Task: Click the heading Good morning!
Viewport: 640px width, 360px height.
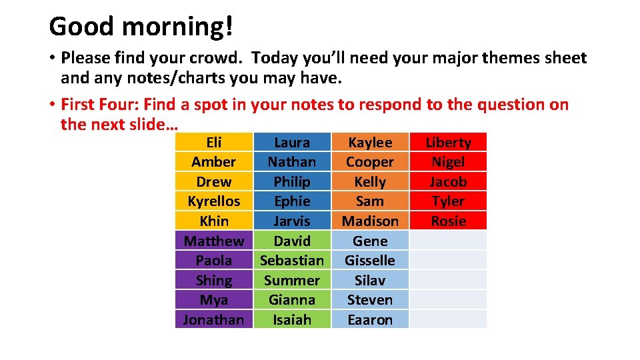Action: [x=141, y=27]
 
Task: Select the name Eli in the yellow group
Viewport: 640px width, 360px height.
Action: [x=214, y=142]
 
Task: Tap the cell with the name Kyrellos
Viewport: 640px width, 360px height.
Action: [x=214, y=201]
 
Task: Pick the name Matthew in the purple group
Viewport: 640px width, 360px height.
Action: [x=214, y=241]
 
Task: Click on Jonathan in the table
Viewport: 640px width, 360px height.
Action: [x=214, y=320]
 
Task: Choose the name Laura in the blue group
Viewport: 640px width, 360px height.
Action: [x=292, y=142]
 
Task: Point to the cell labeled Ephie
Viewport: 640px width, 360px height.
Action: [x=292, y=201]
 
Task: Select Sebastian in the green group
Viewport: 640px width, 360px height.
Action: [x=292, y=261]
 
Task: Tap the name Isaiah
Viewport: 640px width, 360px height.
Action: [x=292, y=320]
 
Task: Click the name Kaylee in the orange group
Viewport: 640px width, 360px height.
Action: [x=370, y=142]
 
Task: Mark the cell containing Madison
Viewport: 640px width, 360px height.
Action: [x=370, y=221]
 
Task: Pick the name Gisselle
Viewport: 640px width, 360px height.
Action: [x=370, y=261]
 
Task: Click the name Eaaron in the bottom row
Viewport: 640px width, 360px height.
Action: [x=370, y=320]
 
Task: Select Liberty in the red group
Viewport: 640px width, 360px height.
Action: [x=448, y=142]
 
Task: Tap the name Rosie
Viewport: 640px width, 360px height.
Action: [x=448, y=221]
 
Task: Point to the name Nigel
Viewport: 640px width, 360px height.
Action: [x=448, y=162]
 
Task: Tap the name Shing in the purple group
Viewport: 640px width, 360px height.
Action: [x=214, y=281]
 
